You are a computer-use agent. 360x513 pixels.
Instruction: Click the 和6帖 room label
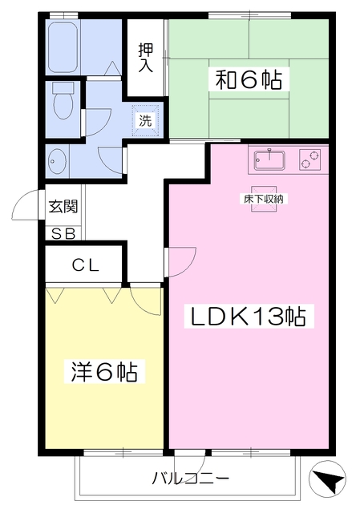[249, 79]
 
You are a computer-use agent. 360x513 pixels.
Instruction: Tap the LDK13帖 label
[249, 316]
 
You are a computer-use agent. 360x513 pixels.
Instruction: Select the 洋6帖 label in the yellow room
[104, 371]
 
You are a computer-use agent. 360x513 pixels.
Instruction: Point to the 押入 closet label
[145, 57]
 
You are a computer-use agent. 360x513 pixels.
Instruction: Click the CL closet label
[86, 265]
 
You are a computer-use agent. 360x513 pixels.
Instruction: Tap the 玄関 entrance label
[63, 207]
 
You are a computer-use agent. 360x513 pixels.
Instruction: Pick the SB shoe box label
[63, 234]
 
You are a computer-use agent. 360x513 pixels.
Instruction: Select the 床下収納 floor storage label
[264, 199]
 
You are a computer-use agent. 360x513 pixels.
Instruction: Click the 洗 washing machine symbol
[146, 121]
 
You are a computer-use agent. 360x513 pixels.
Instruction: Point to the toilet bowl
[63, 101]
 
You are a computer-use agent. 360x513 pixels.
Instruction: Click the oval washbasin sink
[57, 162]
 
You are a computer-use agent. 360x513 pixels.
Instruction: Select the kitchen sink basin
[270, 160]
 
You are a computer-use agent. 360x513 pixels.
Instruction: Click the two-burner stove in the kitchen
[309, 160]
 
